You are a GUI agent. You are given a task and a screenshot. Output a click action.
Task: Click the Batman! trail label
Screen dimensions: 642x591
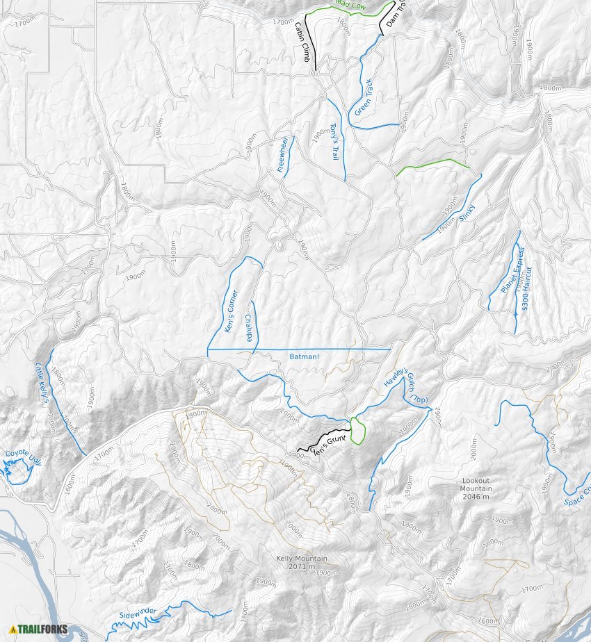(304, 356)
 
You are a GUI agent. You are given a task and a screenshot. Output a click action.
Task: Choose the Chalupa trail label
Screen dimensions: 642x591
(248, 328)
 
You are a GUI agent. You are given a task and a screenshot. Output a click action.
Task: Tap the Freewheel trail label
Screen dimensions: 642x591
(282, 156)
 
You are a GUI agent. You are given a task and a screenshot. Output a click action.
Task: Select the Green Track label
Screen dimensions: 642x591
(364, 98)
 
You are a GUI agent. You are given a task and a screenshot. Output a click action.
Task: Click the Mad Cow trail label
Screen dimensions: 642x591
(350, 5)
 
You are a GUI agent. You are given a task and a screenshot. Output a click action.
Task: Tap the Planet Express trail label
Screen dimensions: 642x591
(512, 269)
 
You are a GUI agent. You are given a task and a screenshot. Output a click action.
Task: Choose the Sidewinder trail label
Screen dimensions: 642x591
(138, 614)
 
